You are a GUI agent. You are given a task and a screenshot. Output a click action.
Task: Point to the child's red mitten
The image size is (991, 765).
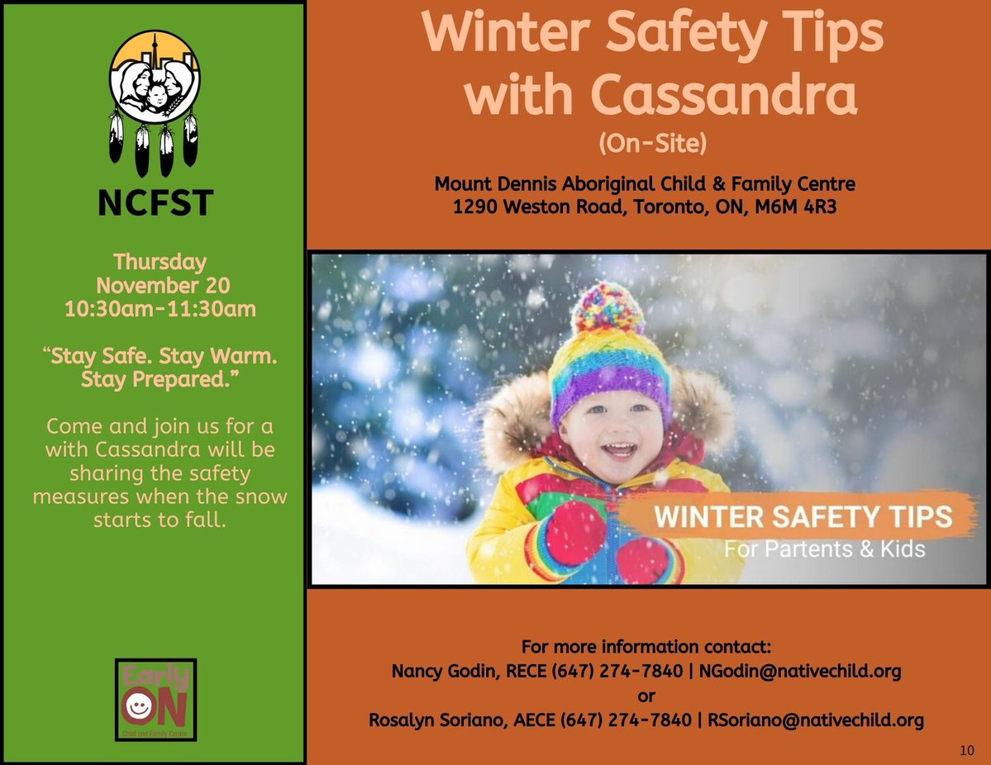click(574, 533)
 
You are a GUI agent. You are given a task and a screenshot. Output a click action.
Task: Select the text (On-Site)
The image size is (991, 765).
click(652, 144)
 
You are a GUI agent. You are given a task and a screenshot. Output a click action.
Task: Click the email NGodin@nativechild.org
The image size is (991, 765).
click(800, 671)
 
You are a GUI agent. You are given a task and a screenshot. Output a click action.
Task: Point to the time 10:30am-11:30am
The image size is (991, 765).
click(160, 311)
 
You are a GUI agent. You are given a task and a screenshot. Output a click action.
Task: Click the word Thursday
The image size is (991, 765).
click(160, 262)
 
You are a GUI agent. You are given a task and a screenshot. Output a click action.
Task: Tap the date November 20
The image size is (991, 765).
click(162, 287)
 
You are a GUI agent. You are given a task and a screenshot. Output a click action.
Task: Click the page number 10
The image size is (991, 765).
click(968, 749)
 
